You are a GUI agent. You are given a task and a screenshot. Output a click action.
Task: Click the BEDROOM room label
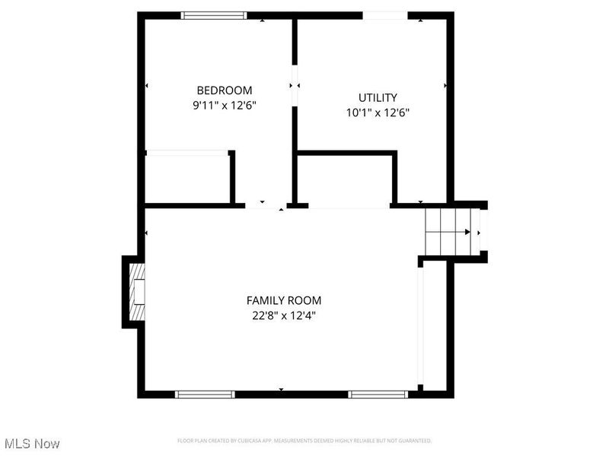(224, 90)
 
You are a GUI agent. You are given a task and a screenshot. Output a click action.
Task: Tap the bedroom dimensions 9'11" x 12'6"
(224, 106)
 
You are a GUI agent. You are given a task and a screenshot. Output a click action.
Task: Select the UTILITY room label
(378, 97)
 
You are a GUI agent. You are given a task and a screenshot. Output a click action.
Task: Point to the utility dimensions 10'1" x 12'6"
(378, 112)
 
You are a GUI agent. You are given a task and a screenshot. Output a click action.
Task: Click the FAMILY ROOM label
(283, 300)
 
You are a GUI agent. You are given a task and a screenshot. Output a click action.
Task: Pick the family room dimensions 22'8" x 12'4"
(283, 315)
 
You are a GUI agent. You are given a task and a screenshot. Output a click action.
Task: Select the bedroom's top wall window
(214, 15)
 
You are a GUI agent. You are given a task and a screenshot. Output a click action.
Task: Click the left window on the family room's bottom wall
(205, 394)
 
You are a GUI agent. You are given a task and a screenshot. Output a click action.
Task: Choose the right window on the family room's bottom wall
(378, 394)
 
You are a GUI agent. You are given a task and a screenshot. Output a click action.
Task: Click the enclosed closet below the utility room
(344, 180)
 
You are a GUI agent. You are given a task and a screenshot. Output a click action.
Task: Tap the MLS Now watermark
(32, 443)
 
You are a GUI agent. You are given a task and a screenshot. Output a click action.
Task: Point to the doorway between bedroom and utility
(294, 86)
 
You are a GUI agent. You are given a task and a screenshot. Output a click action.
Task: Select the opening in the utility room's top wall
(385, 15)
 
